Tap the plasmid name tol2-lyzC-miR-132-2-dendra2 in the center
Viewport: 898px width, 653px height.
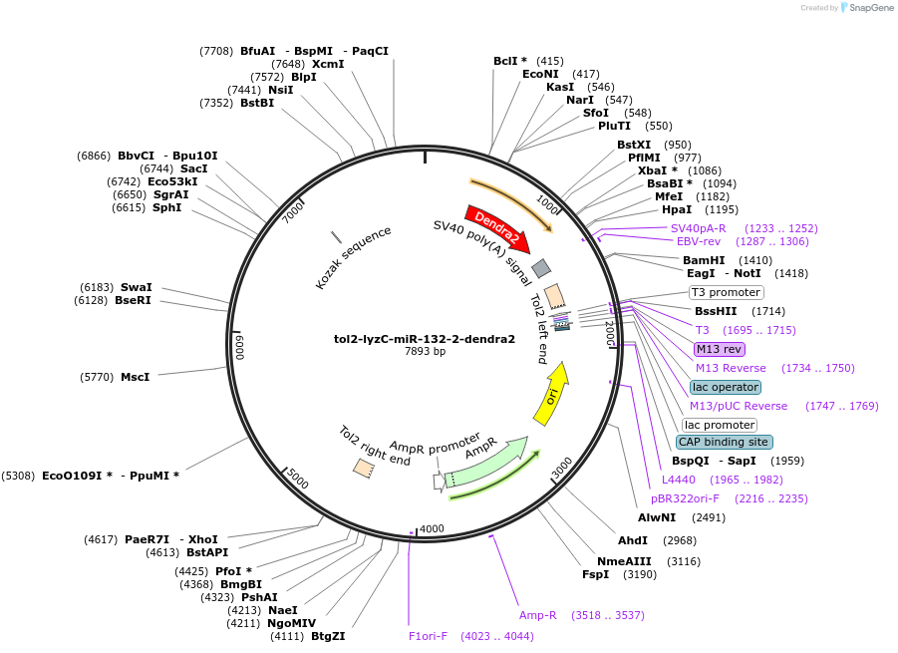[425, 339]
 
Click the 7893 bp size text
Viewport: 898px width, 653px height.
[425, 352]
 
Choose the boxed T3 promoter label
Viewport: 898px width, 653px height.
[727, 292]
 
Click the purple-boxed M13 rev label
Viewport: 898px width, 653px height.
[720, 349]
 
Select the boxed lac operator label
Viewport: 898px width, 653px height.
[725, 387]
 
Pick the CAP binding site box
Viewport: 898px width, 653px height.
[724, 442]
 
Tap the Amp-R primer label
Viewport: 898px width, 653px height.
[537, 615]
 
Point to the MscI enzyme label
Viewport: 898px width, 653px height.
[135, 377]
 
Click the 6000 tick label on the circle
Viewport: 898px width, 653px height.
[239, 348]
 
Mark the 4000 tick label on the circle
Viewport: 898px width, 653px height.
[432, 528]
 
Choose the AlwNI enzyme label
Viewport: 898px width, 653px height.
[657, 517]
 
